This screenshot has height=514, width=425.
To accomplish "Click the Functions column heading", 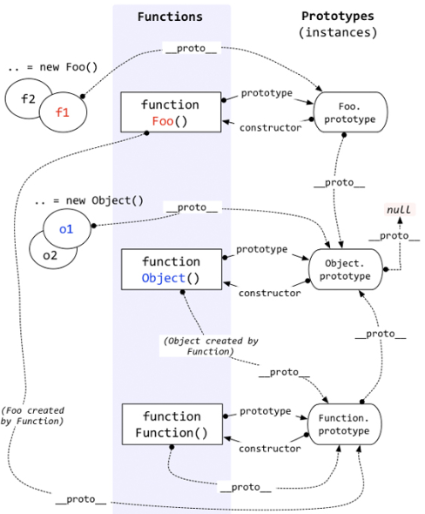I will [171, 17].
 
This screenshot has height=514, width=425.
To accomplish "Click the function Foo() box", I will [171, 113].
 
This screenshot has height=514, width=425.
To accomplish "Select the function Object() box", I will [171, 269].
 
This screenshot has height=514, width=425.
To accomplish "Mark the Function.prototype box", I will [348, 424].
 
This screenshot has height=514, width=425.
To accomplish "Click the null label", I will [399, 210].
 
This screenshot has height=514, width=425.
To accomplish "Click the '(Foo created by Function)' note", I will [32, 416].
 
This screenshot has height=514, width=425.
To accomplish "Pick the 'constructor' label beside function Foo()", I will [271, 128].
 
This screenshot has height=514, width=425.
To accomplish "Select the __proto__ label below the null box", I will [388, 235].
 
